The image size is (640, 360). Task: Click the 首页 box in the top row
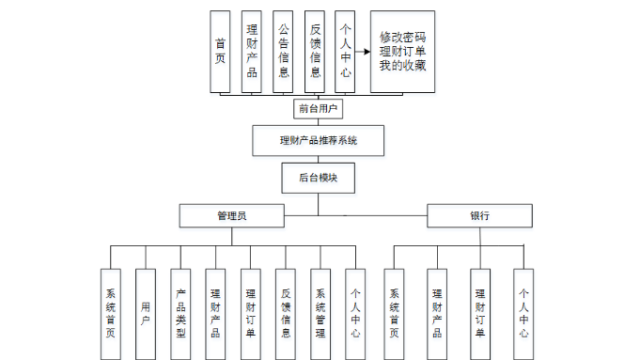pos(220,52)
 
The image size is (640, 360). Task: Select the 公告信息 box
pos(284,52)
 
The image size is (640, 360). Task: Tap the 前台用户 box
pos(319,109)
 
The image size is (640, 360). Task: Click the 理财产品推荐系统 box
pos(319,141)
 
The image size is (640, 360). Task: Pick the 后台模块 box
pos(318,177)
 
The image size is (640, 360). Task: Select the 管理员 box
pos(231,216)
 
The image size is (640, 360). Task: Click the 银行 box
pos(479,216)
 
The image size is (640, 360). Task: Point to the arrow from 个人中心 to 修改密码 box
pos(362,52)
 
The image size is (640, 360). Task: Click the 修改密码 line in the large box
pos(403,35)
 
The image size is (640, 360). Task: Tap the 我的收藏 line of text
pos(403,66)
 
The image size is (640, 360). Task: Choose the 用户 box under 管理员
pos(146,314)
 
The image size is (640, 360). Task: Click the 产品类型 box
pos(180,314)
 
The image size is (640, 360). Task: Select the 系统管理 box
pos(320,314)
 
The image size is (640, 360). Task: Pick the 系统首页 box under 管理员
pos(111,314)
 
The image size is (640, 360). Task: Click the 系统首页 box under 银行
pos(394,314)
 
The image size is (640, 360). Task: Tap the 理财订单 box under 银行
pos(480,314)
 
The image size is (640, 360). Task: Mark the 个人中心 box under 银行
pos(523,314)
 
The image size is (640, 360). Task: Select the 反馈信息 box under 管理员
pos(286,314)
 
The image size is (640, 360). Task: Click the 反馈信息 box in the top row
pos(316,52)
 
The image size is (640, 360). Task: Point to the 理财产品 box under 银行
pos(437,314)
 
